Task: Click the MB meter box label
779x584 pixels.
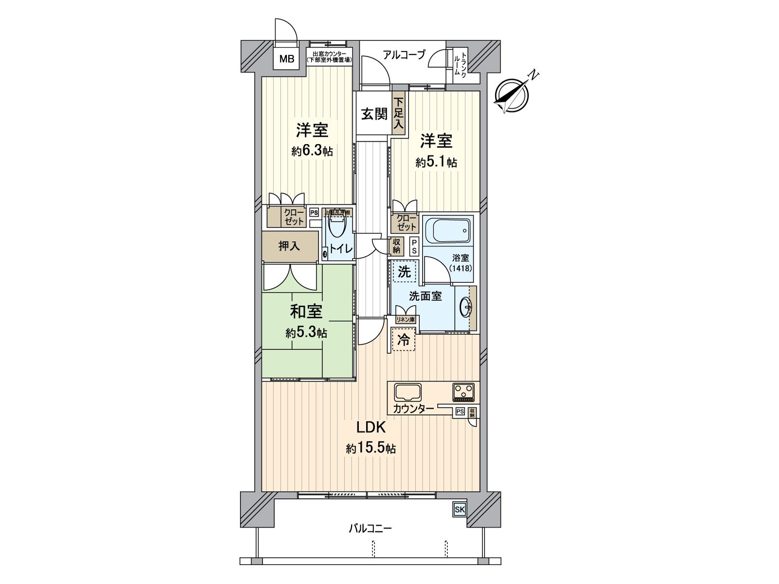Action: [287, 59]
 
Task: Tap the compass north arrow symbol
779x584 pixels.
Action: [511, 94]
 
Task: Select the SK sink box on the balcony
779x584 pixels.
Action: [460, 510]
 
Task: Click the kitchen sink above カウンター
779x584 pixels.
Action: [408, 392]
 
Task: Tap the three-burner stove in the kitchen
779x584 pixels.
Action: [463, 391]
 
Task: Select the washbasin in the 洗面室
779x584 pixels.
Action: [466, 307]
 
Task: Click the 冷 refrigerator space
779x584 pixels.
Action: [403, 340]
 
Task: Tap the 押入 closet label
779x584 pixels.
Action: [289, 246]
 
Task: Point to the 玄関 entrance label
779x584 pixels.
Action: [374, 114]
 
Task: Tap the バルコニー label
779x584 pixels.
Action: [370, 528]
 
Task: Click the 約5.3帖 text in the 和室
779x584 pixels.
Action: [306, 333]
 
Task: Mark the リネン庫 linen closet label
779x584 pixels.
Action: [405, 320]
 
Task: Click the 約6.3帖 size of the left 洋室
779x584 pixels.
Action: [312, 151]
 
